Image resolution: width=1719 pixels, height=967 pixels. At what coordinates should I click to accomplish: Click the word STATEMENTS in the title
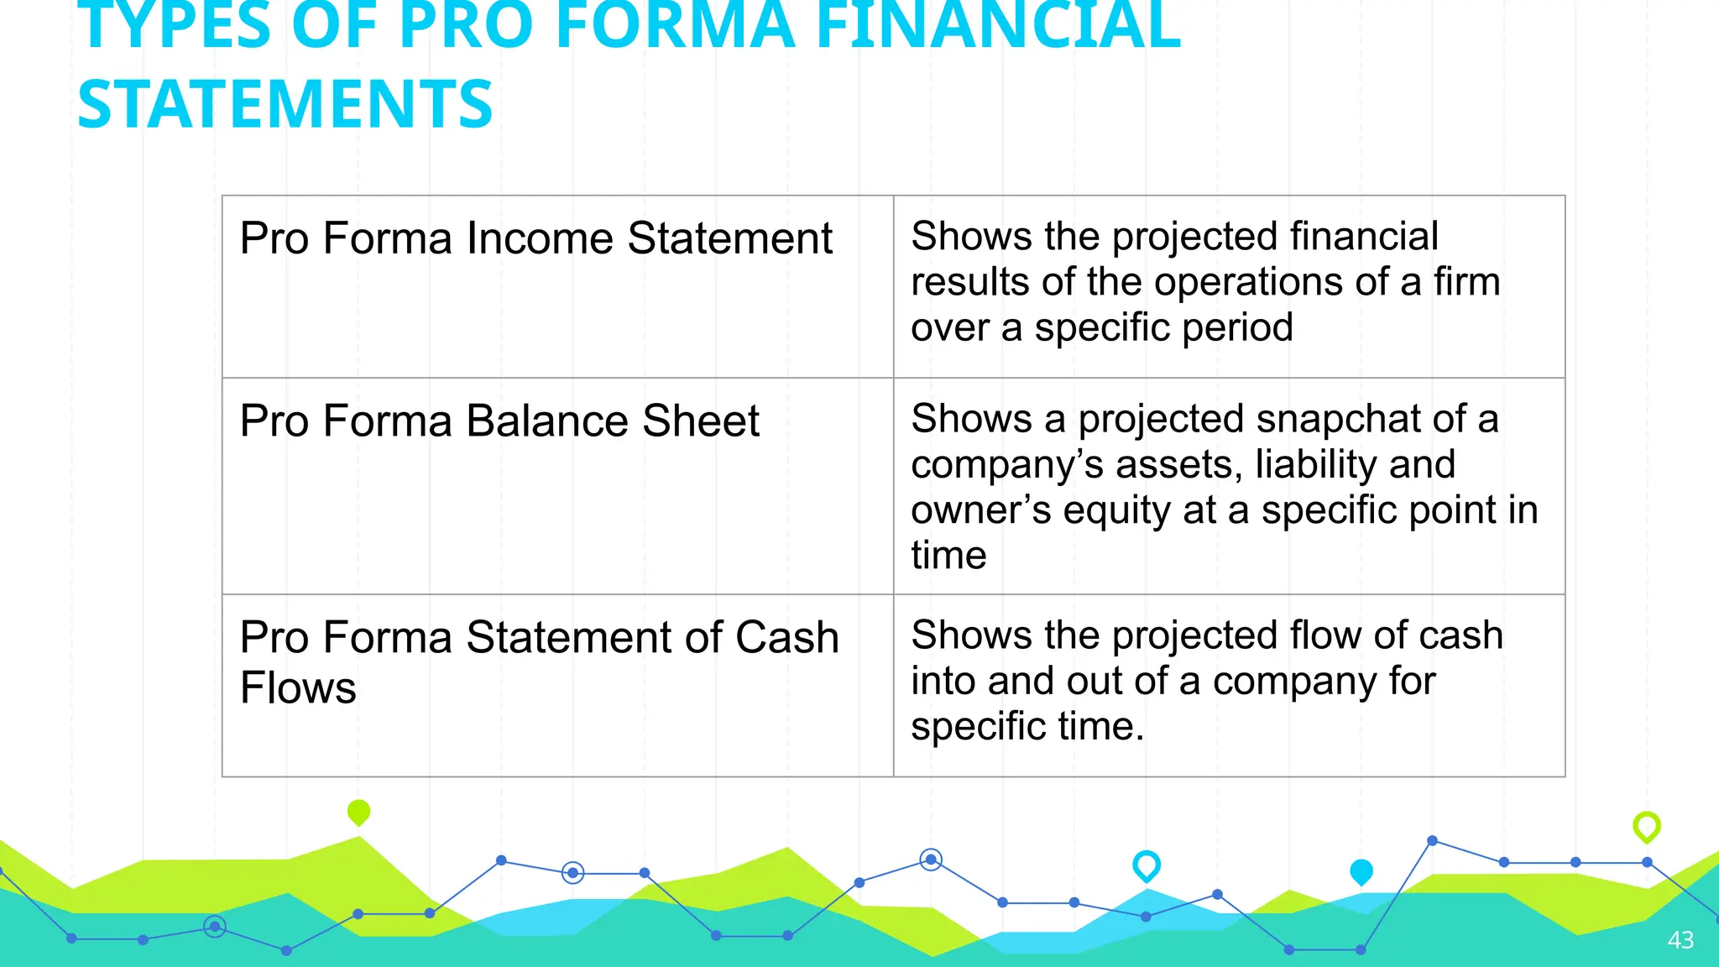tap(285, 104)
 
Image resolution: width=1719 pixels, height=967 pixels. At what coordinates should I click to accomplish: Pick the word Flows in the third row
tap(298, 688)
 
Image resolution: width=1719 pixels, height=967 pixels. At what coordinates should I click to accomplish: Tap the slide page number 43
tap(1680, 940)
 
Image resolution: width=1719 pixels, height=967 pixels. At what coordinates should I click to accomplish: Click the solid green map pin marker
tap(358, 812)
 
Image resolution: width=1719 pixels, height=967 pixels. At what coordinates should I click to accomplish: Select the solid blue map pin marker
tap(1361, 871)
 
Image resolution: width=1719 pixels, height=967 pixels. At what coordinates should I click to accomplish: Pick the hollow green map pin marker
tap(1646, 827)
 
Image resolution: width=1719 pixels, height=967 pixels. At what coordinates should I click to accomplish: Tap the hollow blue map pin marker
tap(1146, 865)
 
